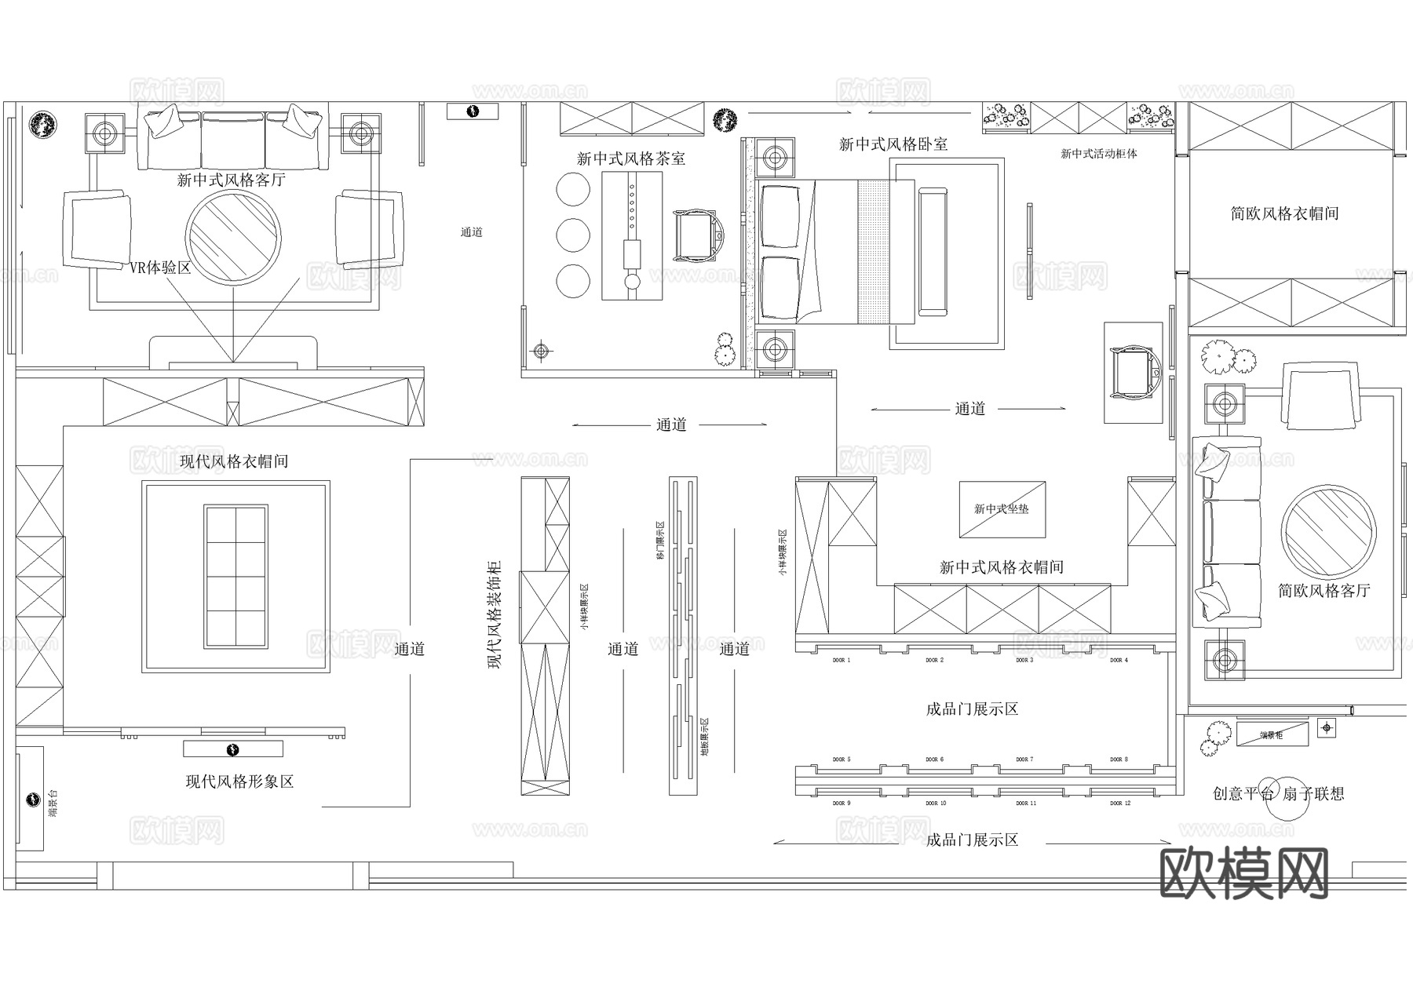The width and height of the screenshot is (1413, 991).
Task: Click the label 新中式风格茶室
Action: (630, 158)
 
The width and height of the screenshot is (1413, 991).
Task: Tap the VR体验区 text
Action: (160, 268)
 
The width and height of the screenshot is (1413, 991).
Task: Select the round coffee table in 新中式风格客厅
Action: (233, 236)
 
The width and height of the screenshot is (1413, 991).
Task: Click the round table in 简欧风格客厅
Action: (1328, 533)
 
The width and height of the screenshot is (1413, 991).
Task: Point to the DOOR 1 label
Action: (841, 661)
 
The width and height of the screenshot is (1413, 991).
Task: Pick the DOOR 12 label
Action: (1119, 803)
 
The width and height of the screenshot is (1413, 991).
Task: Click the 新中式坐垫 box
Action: (1002, 509)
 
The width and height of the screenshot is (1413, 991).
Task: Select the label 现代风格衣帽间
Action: (234, 461)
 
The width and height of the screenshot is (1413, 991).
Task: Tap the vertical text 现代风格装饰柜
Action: (495, 614)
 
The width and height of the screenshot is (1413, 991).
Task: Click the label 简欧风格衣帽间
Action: (1284, 213)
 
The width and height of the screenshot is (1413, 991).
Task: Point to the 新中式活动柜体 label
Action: (1098, 154)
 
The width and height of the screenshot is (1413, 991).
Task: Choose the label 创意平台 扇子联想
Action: (1278, 793)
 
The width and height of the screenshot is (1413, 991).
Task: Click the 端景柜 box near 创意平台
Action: (1272, 734)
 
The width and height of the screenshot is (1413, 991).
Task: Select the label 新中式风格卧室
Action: (893, 144)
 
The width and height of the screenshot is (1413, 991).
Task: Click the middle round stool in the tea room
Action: (573, 235)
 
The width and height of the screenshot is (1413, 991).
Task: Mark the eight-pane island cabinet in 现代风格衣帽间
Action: (235, 576)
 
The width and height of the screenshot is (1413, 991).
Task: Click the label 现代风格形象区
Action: (239, 782)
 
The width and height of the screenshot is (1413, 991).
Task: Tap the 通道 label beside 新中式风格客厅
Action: (471, 232)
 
